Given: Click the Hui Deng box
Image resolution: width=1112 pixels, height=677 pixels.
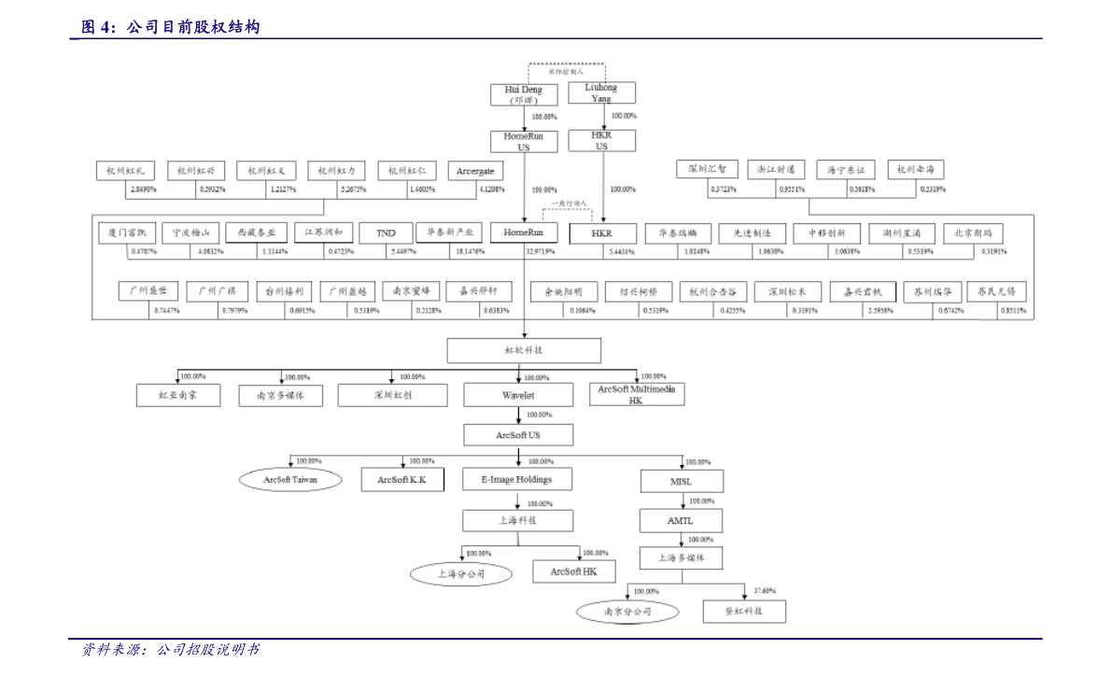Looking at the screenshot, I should coord(524,94).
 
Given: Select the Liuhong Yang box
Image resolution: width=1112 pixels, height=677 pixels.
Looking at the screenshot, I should coord(601,92).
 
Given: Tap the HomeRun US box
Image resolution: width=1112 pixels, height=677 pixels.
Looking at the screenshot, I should coord(524,141).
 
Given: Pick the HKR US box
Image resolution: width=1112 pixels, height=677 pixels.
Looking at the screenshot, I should coord(601,140).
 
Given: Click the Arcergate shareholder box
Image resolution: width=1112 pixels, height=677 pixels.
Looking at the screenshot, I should coord(475,171).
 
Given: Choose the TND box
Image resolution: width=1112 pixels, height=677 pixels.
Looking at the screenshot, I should coord(386,233).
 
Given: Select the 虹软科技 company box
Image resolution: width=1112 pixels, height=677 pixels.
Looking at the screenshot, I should coord(523,350).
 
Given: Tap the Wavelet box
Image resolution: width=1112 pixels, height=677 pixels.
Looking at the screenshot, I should coord(518,395).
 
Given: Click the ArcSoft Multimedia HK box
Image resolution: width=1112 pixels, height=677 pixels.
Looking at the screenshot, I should coord(636,394).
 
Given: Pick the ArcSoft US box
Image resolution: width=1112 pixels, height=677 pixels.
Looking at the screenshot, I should coord(518,435).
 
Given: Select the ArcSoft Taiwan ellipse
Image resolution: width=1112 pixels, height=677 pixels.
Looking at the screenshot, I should coord(290,480).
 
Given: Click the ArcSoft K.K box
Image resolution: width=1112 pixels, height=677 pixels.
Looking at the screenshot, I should coord(402,480).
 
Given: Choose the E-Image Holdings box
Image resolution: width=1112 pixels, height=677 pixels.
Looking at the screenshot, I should coord(516,480).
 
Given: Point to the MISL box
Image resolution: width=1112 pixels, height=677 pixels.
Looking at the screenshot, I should coord(681,482).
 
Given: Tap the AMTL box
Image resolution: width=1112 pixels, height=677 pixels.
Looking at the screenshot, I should coord(680,520).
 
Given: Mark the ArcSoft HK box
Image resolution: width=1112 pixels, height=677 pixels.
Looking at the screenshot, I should coord(573,571).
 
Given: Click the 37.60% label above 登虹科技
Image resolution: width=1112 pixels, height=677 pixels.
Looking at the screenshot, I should coord(764,591).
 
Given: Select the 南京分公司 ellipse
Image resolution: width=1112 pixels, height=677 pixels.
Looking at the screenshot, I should coord(626,613).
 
